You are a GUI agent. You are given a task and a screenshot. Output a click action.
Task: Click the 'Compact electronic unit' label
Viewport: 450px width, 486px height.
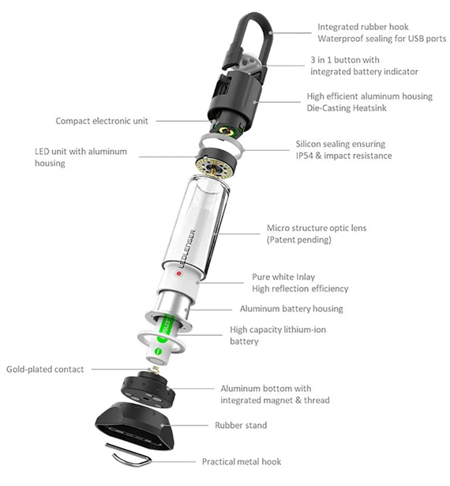click(102, 121)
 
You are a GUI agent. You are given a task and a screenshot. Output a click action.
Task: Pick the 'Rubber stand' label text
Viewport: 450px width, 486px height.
click(241, 425)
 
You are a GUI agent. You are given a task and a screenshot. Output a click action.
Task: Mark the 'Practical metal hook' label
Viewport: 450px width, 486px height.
click(241, 462)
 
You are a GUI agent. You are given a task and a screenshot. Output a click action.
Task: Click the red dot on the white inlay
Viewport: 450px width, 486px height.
click(178, 277)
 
